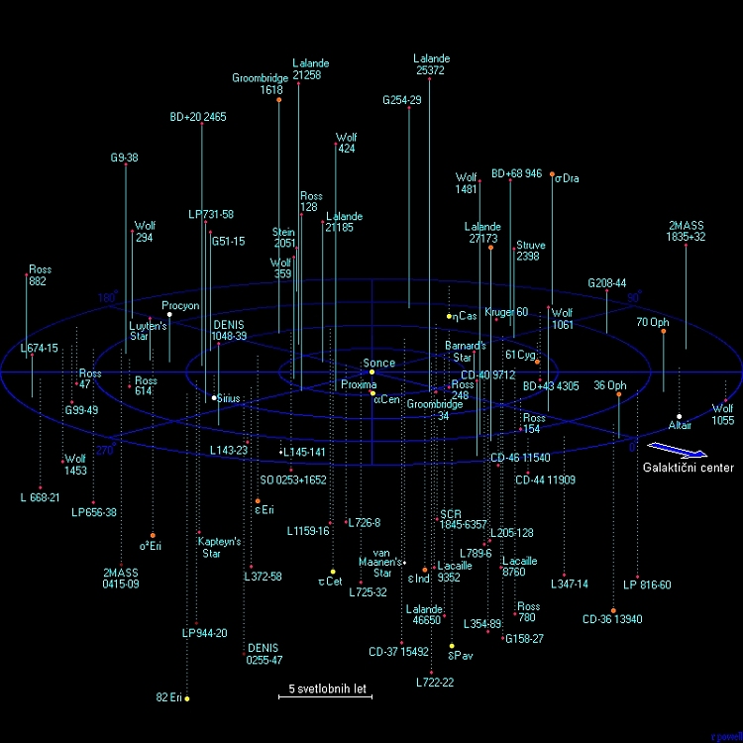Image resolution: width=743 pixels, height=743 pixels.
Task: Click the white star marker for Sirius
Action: pos(214,398)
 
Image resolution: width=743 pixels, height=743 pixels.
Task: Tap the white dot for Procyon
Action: pos(169,315)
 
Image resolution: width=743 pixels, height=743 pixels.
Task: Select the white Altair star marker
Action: pos(679,417)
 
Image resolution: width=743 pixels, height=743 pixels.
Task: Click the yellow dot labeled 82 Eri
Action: pos(187,698)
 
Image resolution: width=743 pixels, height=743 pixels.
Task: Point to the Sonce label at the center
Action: pos(378,364)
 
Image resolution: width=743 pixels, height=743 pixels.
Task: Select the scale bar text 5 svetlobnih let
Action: pos(325,687)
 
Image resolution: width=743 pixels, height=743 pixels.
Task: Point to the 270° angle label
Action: pos(105,449)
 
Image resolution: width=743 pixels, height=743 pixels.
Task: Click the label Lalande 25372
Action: pos(431,64)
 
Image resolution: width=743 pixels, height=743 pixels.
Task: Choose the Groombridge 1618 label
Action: pos(261,84)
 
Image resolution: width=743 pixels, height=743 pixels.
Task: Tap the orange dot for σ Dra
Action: pos(552,179)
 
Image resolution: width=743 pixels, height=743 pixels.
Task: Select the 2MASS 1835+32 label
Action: pos(686,231)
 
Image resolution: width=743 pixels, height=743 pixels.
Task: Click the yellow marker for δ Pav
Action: pos(452,646)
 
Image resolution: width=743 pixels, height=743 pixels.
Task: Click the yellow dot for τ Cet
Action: pos(333,572)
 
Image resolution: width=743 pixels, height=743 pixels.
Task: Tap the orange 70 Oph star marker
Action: pos(664,331)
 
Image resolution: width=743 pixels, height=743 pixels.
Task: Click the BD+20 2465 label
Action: pos(198,117)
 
